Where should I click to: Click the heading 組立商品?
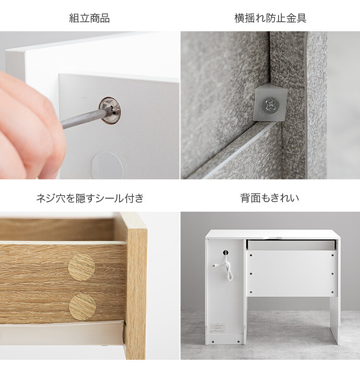click(89, 18)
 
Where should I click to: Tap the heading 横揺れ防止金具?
click(270, 18)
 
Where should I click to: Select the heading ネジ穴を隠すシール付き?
click(90, 198)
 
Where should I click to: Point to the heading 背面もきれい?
click(270, 198)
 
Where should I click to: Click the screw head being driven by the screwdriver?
click(110, 110)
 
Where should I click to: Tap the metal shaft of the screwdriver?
click(82, 118)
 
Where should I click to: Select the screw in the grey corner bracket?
click(271, 105)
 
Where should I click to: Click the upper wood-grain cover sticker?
click(81, 267)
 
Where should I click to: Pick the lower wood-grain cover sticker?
click(82, 307)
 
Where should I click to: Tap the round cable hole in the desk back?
click(225, 253)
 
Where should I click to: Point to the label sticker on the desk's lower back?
click(217, 328)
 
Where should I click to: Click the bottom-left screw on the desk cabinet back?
click(213, 342)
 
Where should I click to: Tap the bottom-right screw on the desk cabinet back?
click(238, 342)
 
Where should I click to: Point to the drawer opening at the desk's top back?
click(291, 245)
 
